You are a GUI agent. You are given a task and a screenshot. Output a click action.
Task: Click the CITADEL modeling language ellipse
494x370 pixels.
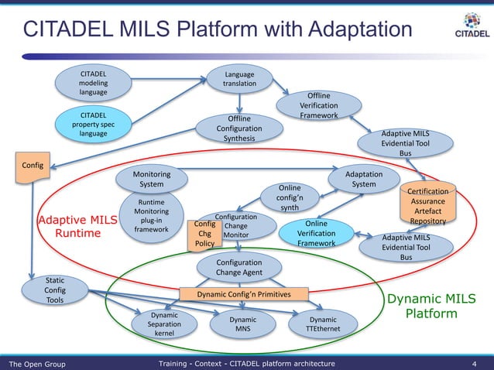94,84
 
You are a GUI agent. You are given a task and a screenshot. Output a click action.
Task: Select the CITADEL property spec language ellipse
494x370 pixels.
93,125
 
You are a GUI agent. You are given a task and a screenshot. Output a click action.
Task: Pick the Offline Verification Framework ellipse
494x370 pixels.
318,106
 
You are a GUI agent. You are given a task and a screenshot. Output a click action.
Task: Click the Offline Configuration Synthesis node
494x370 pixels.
239,128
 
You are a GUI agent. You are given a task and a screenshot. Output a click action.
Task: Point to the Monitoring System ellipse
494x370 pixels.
151,179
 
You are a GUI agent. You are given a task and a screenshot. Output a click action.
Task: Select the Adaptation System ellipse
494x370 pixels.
364,179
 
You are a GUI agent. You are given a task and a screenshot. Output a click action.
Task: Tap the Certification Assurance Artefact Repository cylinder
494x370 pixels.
428,206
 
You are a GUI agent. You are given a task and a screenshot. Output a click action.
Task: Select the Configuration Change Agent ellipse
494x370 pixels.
239,268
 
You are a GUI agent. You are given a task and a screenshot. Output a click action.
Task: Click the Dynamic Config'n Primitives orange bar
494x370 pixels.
243,294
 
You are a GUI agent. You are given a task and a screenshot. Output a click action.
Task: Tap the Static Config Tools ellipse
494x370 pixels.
55,289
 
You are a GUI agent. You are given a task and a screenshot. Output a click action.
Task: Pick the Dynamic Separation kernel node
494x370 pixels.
164,324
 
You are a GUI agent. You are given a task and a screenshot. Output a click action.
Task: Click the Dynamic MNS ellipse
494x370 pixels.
242,324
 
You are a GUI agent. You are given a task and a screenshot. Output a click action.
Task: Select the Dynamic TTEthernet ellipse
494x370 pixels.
322,324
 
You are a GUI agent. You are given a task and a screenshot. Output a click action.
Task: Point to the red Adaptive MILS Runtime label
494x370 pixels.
77,226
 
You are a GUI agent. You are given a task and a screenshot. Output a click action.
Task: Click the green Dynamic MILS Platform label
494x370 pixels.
431,306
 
